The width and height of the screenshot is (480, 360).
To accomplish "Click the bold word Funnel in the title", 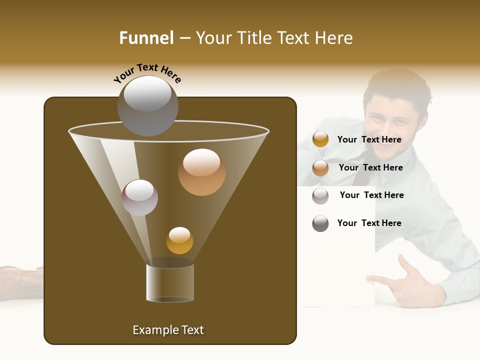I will [x=146, y=38].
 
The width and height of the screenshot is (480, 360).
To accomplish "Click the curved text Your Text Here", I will [x=147, y=73].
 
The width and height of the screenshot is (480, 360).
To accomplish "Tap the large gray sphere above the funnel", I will [x=147, y=105].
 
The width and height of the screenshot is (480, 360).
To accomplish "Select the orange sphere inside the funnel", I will [x=201, y=171].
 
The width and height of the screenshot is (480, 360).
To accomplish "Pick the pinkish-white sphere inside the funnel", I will [x=139, y=197].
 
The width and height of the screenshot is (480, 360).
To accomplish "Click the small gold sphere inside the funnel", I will [x=179, y=240].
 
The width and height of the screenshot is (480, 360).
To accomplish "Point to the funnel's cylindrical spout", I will [x=170, y=283].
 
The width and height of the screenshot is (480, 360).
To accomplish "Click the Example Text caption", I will [x=168, y=330].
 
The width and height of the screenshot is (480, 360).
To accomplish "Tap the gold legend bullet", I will [x=320, y=139].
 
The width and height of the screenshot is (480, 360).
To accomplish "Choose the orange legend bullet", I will [x=320, y=168].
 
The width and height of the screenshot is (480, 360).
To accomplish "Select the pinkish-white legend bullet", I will [x=320, y=195].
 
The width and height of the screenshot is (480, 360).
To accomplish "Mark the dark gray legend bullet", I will [x=320, y=223].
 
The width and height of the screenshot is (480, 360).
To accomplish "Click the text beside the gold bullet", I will [x=369, y=139].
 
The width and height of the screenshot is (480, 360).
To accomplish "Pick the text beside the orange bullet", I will [x=370, y=167].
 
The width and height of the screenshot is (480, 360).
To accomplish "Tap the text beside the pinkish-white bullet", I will [x=371, y=195].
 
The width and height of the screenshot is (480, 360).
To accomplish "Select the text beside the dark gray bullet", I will [x=369, y=223].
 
